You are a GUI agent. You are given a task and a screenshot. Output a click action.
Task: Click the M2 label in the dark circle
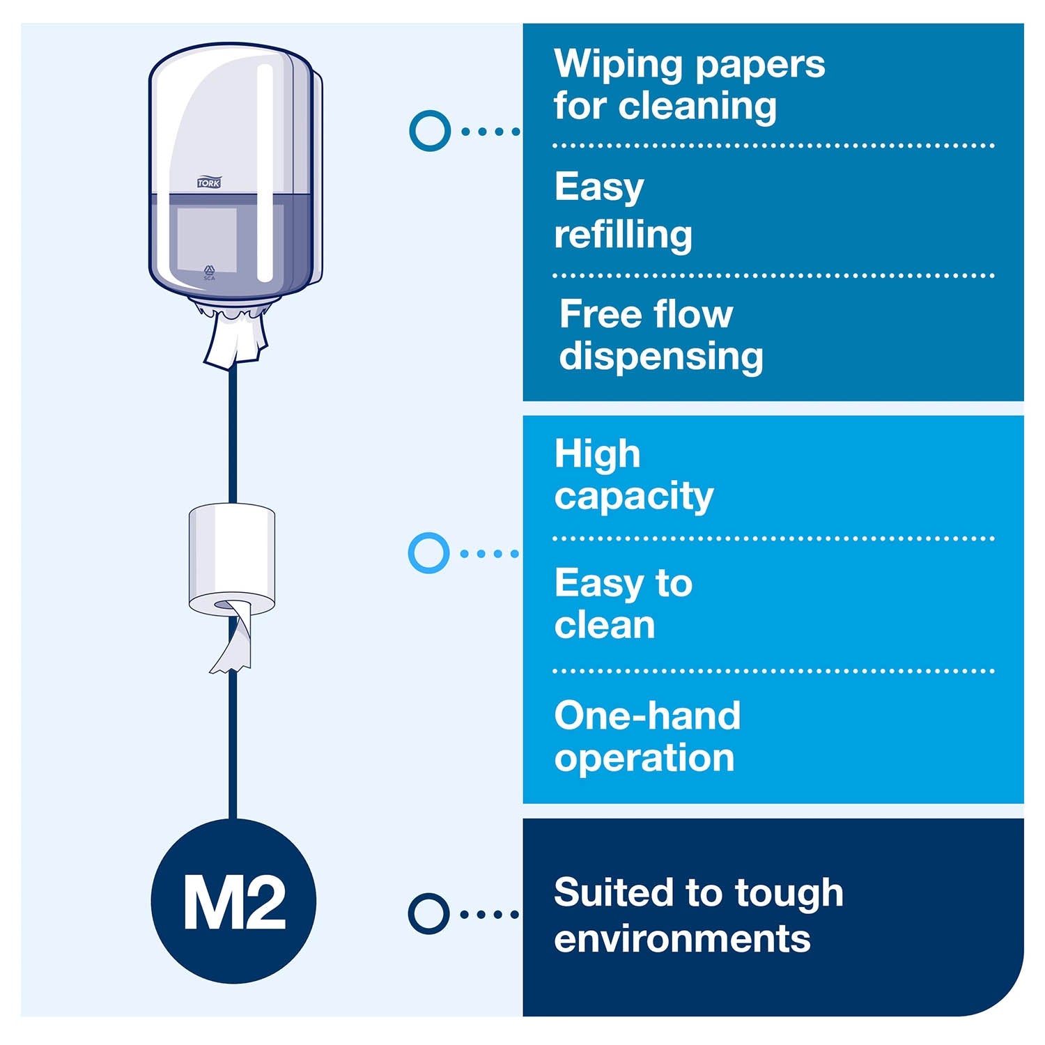coord(234,904)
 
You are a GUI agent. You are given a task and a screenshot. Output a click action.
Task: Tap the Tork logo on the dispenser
coord(208,183)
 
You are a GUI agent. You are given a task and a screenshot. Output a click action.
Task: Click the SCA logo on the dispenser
coord(209,272)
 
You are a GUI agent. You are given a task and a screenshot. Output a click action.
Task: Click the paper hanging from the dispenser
coord(235,337)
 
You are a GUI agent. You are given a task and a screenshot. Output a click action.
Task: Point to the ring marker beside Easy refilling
coord(430,130)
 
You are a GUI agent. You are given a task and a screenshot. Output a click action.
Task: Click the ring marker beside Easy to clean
coord(428,553)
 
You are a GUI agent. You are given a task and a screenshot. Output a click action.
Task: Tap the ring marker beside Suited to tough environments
coord(428,913)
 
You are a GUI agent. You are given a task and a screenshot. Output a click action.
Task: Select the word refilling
coord(624,235)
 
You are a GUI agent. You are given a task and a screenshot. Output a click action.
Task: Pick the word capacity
coord(634,497)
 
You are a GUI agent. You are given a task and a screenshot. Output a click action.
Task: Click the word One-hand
coord(647,715)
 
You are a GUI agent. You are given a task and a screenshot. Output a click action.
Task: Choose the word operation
coord(644,759)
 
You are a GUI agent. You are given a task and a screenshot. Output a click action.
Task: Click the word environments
coord(683,938)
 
